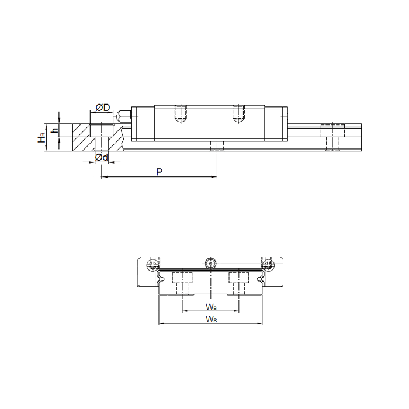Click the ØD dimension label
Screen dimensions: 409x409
coord(102,108)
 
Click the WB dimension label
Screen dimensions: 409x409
coord(212,306)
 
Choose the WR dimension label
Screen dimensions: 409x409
coord(212,318)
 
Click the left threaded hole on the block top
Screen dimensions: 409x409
coord(181,113)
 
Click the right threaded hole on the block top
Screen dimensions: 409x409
coord(238,113)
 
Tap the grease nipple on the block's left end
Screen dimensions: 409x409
coord(123,114)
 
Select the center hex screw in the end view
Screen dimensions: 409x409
coord(211,264)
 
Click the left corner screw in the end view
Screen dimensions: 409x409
coord(154,264)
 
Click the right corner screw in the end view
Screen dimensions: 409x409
coord(268,264)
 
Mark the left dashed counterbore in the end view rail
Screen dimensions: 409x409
coord(182,281)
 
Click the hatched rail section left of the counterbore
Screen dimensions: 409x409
coord(81,137)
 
